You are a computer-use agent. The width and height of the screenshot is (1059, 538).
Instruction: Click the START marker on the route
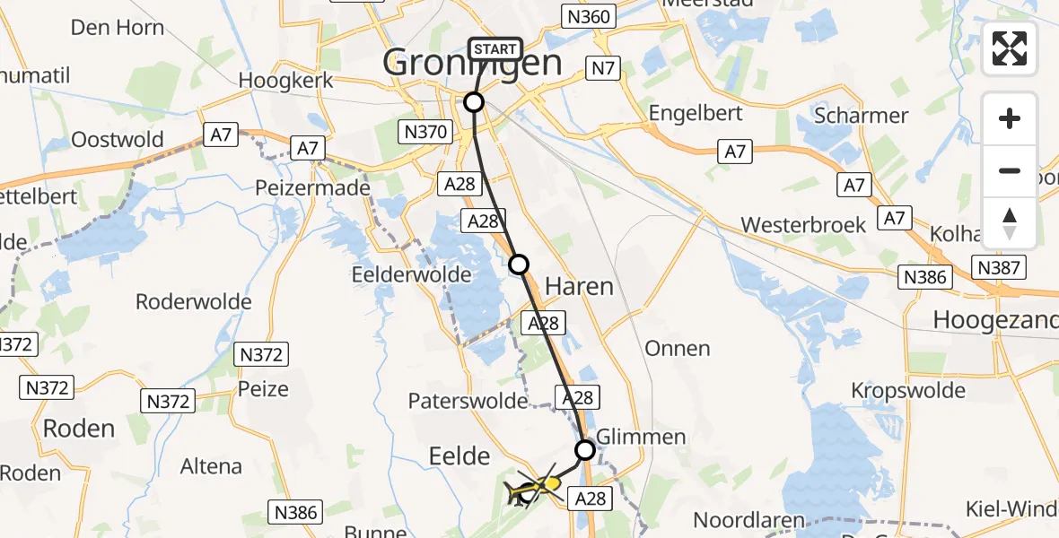[494, 49]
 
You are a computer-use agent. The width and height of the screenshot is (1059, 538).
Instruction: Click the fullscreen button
[1010, 48]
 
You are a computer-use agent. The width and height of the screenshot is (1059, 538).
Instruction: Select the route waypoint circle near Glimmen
[584, 449]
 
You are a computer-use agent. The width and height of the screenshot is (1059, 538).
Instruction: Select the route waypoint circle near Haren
[519, 264]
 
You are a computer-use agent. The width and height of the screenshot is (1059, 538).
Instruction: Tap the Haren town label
[580, 287]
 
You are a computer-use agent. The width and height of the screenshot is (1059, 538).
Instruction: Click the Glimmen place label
[641, 437]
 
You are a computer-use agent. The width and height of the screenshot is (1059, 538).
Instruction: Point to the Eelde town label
[458, 456]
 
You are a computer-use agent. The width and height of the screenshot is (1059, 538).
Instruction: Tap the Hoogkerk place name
[286, 80]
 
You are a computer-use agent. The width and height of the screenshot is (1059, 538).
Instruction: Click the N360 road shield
[587, 16]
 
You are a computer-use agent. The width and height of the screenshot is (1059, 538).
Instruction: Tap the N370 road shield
[424, 133]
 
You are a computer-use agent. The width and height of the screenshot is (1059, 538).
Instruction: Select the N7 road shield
[600, 67]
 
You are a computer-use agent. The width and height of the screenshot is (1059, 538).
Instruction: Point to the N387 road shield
[997, 267]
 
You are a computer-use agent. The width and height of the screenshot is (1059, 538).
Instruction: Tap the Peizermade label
[313, 188]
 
